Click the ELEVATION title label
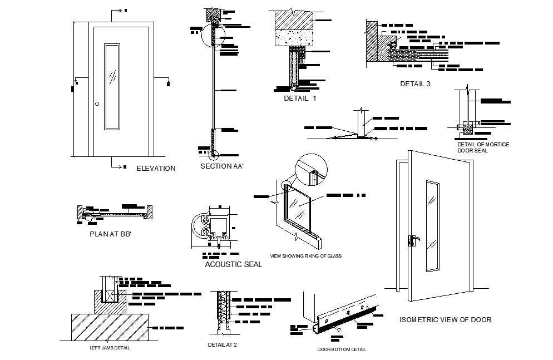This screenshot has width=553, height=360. [156, 168]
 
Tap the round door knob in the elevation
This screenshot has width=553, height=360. [97, 103]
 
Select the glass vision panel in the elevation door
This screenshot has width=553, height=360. [112, 86]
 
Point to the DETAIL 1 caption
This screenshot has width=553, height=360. [299, 98]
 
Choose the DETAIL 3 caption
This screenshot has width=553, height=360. [415, 84]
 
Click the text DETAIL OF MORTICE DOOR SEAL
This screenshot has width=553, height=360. [483, 147]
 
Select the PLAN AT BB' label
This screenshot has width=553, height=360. [110, 234]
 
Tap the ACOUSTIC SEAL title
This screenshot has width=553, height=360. [233, 264]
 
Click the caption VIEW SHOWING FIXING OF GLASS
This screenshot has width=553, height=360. [305, 256]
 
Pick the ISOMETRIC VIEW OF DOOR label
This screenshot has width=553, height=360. [446, 320]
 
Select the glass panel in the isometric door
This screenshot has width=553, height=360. [432, 225]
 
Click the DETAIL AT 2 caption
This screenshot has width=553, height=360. [223, 344]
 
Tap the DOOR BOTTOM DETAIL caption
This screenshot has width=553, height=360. [341, 349]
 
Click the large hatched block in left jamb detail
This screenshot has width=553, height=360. [110, 327]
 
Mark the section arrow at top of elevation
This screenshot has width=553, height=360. [118, 11]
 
